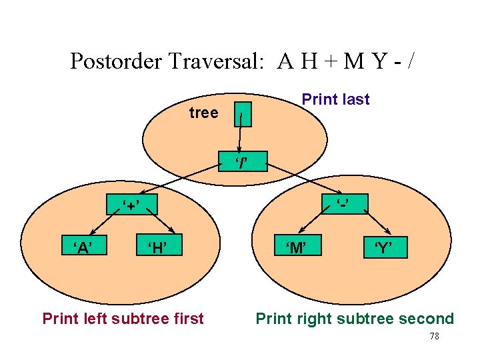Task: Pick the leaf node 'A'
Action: pyautogui.click(x=83, y=249)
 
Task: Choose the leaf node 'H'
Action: pyautogui.click(x=157, y=249)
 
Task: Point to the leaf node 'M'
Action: pyautogui.click(x=297, y=249)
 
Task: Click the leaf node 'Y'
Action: pyautogui.click(x=383, y=249)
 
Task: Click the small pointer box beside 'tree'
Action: pyautogui.click(x=244, y=115)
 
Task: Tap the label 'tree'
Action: pyautogui.click(x=203, y=113)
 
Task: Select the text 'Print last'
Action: pyautogui.click(x=335, y=99)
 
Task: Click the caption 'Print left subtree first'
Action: pyautogui.click(x=123, y=319)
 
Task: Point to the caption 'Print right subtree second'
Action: pyautogui.click(x=355, y=319)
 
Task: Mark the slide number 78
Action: pyautogui.click(x=433, y=337)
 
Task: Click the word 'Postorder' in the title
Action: pyautogui.click(x=115, y=61)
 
